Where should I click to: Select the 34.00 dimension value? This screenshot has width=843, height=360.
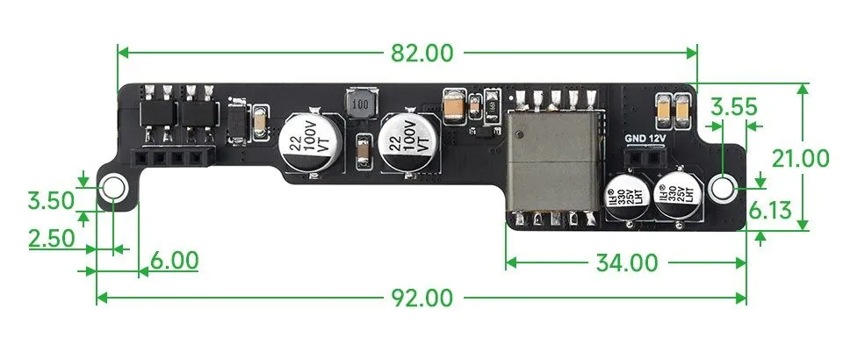[x=626, y=263]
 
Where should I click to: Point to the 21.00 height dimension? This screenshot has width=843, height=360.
[x=799, y=158]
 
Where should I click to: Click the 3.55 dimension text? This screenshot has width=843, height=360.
[x=733, y=108]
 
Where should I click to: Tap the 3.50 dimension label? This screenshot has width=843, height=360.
[x=49, y=200]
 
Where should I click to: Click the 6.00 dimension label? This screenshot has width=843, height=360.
[x=173, y=261]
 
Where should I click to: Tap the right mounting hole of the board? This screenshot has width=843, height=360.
[x=723, y=187]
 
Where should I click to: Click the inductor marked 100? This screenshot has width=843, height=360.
[x=359, y=104]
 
